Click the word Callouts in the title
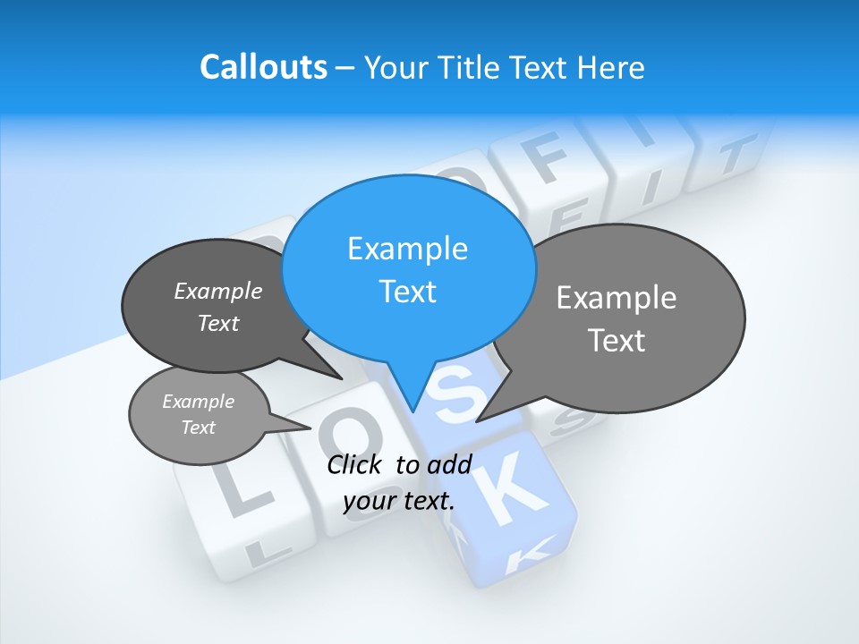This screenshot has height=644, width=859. click(x=263, y=67)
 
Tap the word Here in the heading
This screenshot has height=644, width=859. click(x=612, y=67)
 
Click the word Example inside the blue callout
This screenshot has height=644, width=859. click(x=407, y=249)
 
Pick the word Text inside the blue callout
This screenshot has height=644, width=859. click(x=407, y=292)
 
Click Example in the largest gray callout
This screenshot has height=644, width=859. click(x=617, y=298)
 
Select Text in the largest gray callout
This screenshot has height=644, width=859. click(x=617, y=341)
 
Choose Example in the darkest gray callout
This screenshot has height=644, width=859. click(x=217, y=291)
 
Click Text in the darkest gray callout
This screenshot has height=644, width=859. click(x=217, y=323)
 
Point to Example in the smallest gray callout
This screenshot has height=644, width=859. click(x=198, y=402)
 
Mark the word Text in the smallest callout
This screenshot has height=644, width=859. click(x=198, y=428)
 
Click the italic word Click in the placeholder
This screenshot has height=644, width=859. click(x=356, y=464)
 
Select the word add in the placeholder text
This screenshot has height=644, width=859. click(x=449, y=464)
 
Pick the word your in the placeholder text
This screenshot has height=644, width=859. click(x=369, y=501)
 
